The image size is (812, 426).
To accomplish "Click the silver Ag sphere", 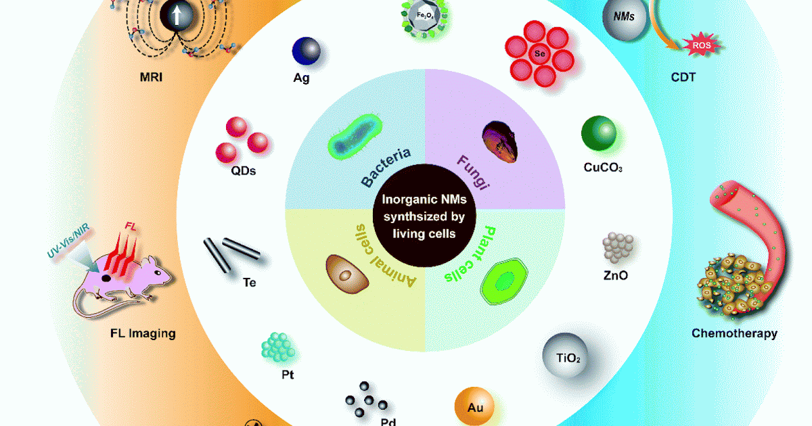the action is pyautogui.click(x=307, y=51).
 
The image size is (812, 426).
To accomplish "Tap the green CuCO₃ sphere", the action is pyautogui.click(x=599, y=133).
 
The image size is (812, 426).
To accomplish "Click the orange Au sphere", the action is pyautogui.click(x=474, y=406).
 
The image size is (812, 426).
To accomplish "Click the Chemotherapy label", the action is pyautogui.click(x=734, y=333).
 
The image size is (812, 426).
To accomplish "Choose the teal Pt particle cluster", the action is pyautogui.click(x=278, y=348).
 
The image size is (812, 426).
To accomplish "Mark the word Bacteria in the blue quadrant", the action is pyautogui.click(x=386, y=168).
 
